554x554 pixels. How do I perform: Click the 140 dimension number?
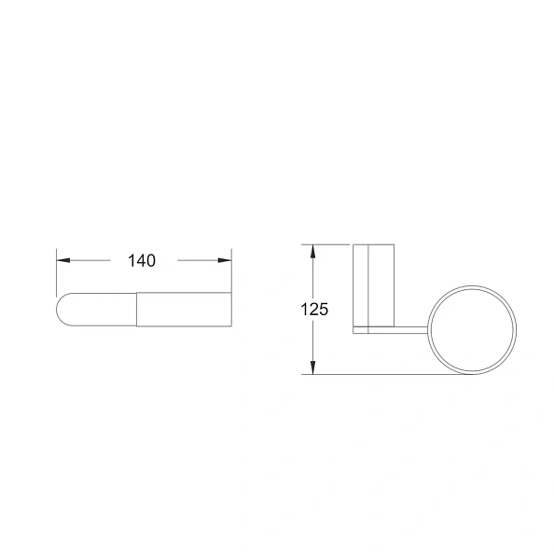coord(142,261)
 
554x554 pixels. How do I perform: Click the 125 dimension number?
coord(314,309)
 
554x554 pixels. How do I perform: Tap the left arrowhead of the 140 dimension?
coord(63,260)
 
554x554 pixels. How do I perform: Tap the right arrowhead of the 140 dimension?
coord(225,260)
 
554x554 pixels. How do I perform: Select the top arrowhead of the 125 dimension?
coord(312,251)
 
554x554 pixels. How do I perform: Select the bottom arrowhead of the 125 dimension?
coord(312,367)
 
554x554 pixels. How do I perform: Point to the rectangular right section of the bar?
coord(184,309)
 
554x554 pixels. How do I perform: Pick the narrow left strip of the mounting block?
coord(361,285)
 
